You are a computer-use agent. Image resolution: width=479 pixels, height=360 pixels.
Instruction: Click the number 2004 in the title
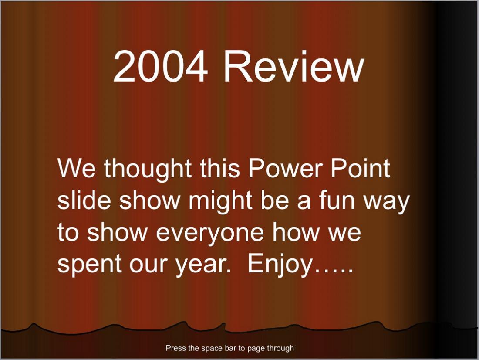[x=160, y=66]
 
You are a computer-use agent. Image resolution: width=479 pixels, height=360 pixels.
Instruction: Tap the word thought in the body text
[x=148, y=169]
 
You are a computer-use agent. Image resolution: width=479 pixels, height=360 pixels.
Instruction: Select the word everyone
[x=210, y=234]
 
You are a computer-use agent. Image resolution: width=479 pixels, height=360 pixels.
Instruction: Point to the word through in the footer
[x=280, y=349]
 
